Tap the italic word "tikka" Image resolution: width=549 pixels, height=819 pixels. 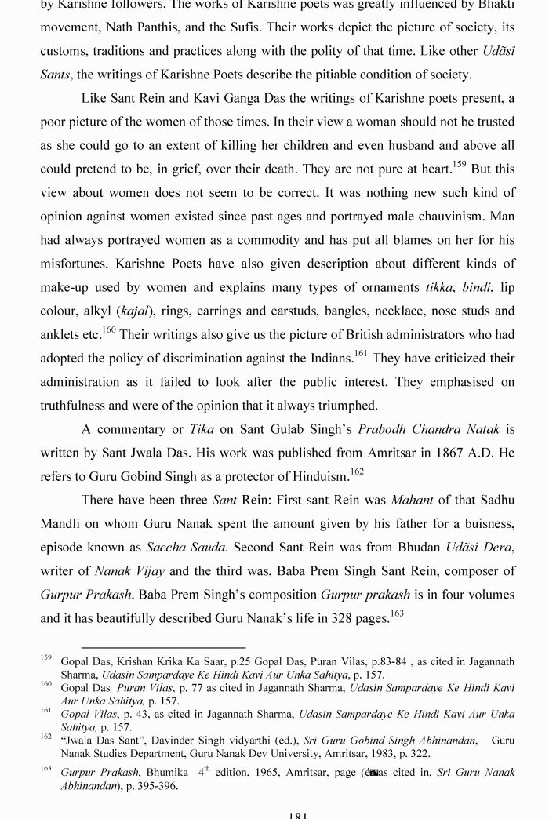click(439, 287)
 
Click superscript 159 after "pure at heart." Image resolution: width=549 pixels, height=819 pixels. click(459, 165)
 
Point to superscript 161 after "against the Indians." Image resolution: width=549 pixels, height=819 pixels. click(361, 354)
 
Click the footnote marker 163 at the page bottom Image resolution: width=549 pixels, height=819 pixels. click(46, 770)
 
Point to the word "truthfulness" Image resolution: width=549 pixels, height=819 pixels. click(75, 406)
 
